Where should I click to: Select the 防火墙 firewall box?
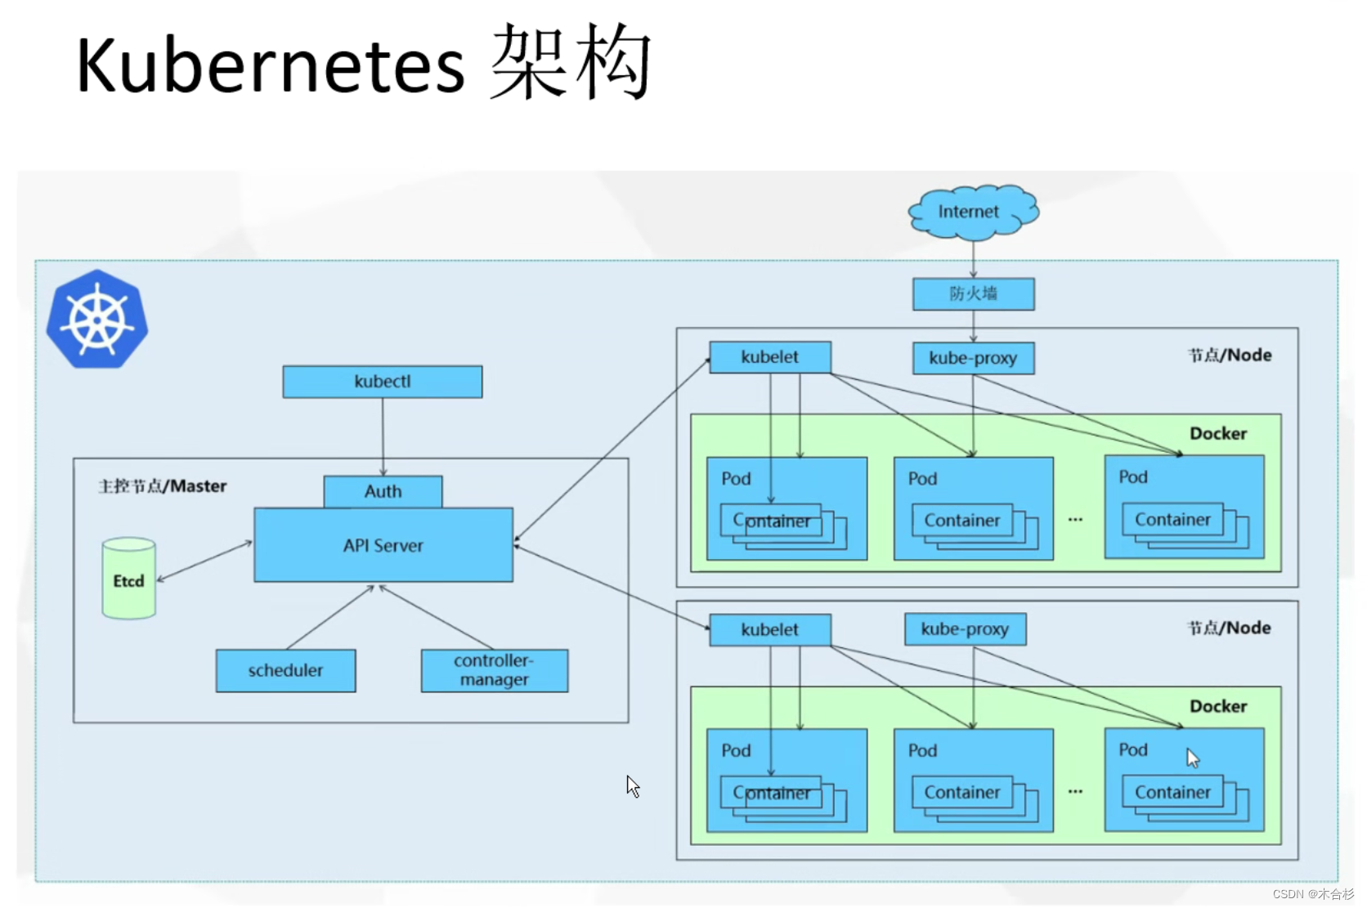pos(974,294)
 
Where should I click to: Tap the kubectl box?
pos(383,382)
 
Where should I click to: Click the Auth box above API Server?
pos(383,492)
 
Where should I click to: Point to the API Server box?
pos(383,545)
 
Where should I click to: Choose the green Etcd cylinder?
pos(128,579)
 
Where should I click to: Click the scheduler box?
pos(285,671)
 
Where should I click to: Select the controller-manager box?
pos(495,671)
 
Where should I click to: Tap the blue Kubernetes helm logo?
pos(97,319)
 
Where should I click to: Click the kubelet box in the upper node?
pos(770,357)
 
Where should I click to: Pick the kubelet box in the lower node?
pos(770,630)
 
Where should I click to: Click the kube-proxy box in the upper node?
pos(974,358)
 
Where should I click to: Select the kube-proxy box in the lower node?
pos(966,629)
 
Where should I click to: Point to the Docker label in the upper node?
pos(1218,434)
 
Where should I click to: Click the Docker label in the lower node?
pos(1218,707)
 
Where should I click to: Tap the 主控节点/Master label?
pos(163,486)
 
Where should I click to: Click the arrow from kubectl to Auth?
pos(383,437)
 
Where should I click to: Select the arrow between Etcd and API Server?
pos(204,561)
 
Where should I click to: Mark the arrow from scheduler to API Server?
pos(330,617)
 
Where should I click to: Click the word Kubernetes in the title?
pos(271,65)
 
